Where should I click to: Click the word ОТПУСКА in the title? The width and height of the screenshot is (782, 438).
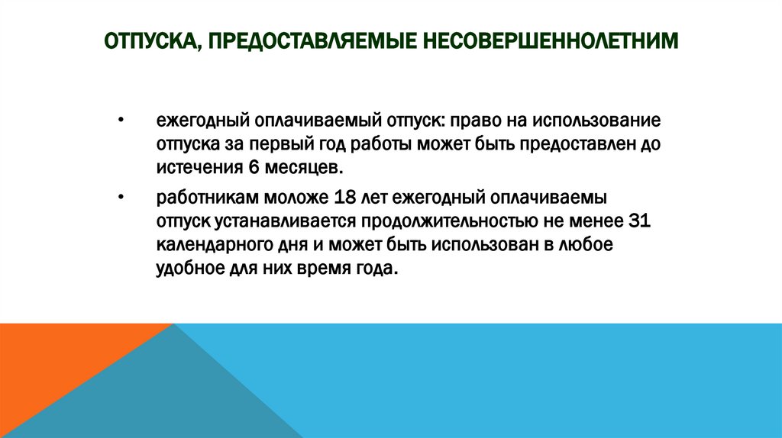pyautogui.click(x=151, y=40)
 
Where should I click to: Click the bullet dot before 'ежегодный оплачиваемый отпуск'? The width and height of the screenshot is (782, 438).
pyautogui.click(x=121, y=121)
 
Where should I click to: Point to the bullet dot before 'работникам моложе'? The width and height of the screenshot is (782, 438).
pyautogui.click(x=121, y=198)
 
